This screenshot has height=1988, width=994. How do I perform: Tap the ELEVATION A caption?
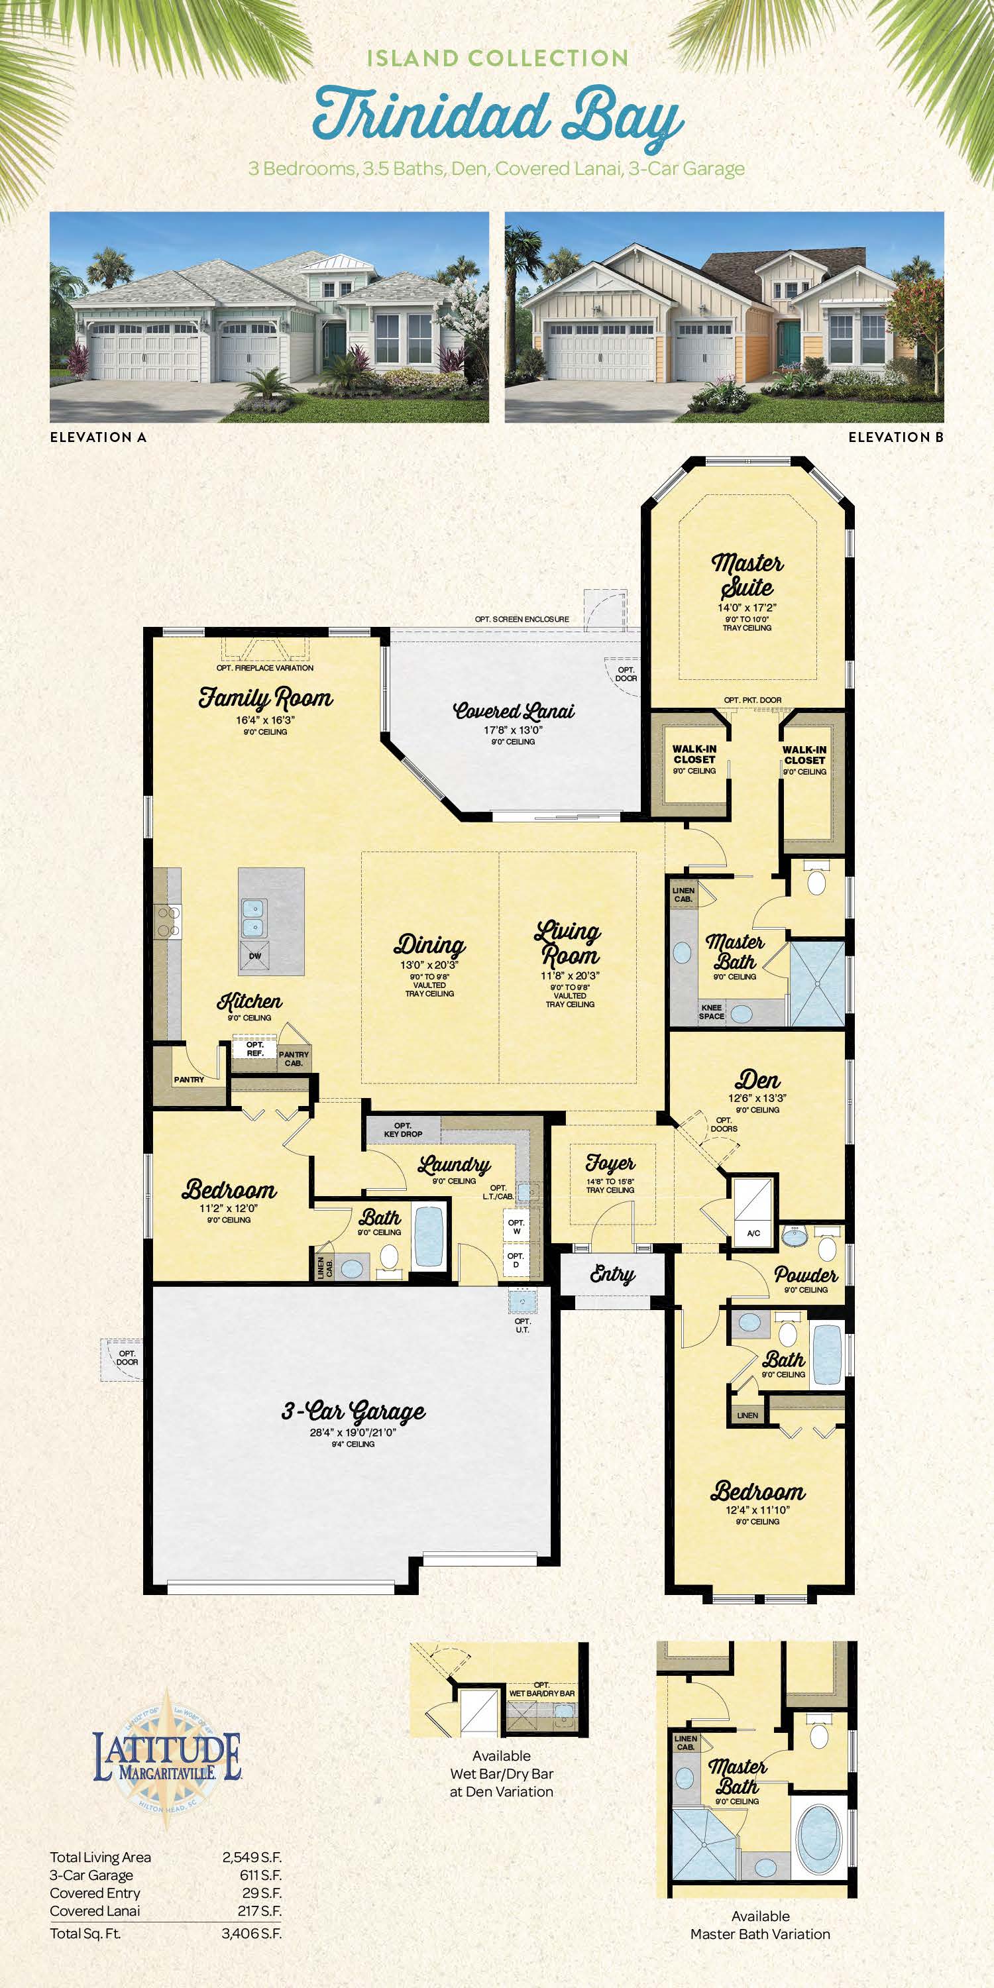[98, 437]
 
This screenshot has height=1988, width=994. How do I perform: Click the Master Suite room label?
[747, 576]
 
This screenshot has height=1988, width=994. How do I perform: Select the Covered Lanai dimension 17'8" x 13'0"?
[513, 730]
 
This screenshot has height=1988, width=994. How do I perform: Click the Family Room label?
[266, 698]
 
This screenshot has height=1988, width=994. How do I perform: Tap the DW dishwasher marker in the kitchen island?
[254, 956]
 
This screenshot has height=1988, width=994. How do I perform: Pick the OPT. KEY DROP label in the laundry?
[403, 1130]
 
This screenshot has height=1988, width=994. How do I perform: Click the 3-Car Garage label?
[353, 1412]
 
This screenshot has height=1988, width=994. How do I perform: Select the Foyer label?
[610, 1162]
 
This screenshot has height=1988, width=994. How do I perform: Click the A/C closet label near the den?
[753, 1233]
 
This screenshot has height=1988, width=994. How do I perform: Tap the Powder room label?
[806, 1275]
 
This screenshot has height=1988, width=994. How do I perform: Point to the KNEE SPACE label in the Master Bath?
[711, 1012]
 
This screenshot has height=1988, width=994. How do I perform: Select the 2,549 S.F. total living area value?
[252, 1857]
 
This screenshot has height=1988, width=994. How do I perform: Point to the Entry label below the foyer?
[612, 1274]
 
